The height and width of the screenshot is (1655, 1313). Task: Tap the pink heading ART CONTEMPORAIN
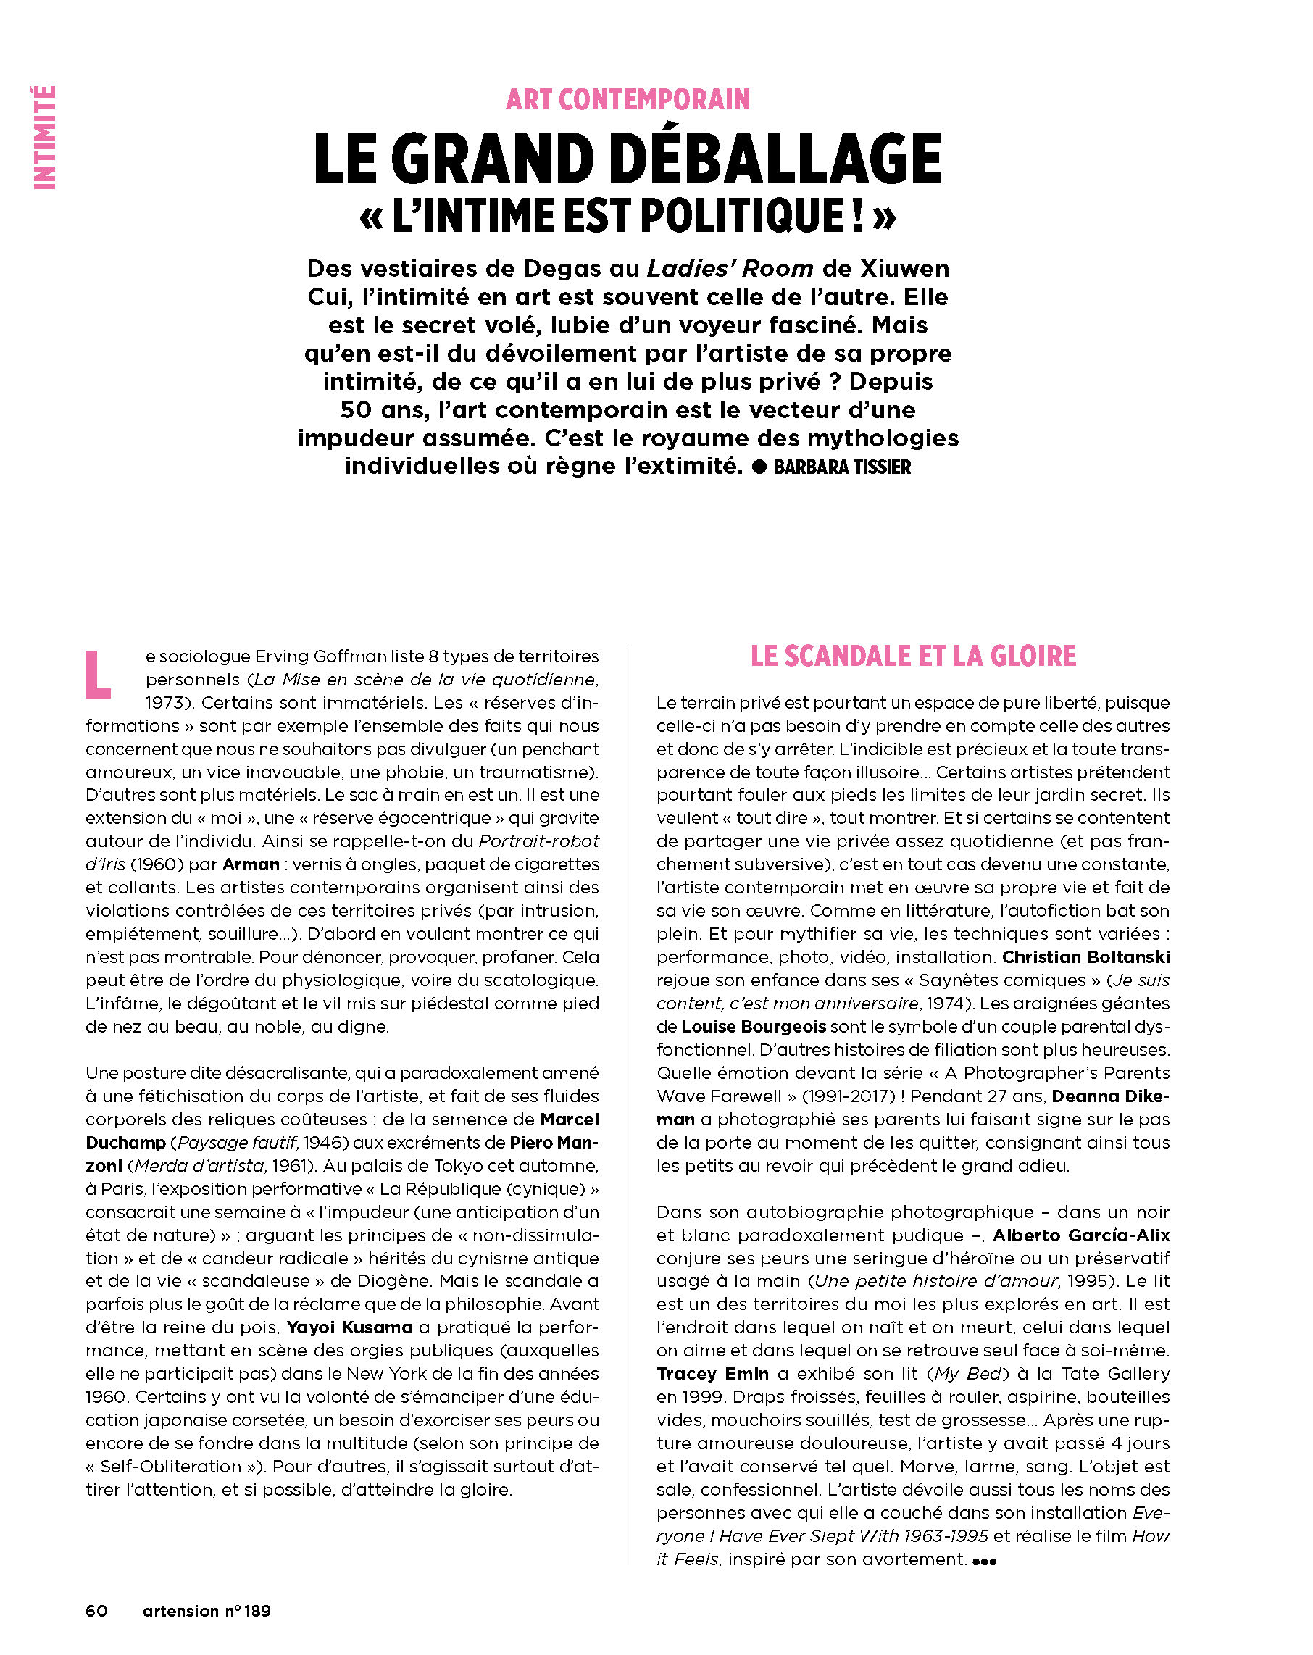click(x=628, y=100)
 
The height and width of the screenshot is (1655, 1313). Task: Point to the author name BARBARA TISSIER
click(x=841, y=467)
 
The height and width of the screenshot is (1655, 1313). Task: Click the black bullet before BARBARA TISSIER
click(x=759, y=467)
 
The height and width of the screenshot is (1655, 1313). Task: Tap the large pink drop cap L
click(x=97, y=675)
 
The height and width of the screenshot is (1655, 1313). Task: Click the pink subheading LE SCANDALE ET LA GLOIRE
click(x=913, y=656)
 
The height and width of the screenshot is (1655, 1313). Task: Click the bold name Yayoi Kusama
click(x=349, y=1327)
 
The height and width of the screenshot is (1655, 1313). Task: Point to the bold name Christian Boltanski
click(x=1085, y=956)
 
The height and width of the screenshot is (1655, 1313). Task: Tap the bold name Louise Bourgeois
click(x=754, y=1026)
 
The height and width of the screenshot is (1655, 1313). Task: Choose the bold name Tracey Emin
click(x=712, y=1373)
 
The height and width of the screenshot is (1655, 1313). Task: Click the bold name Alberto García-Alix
click(x=1081, y=1235)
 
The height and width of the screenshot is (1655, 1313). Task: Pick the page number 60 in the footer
click(x=97, y=1611)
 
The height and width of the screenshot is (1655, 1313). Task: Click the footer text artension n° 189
click(x=207, y=1611)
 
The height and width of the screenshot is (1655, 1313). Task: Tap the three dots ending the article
click(x=983, y=1560)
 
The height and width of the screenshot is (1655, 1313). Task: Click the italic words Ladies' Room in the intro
click(x=730, y=269)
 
